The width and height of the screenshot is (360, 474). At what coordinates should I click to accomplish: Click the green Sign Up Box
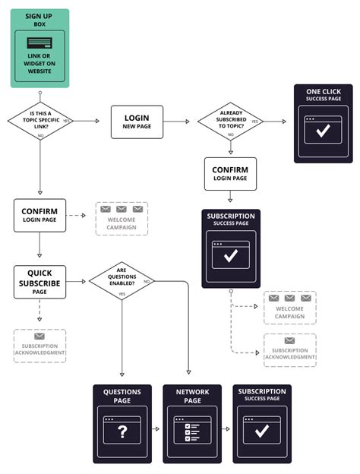(x=39, y=48)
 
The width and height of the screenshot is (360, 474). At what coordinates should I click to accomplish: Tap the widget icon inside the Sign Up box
(x=39, y=44)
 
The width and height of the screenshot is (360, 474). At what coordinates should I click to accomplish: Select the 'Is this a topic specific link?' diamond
(x=39, y=120)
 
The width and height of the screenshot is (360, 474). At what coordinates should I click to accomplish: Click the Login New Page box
(x=137, y=122)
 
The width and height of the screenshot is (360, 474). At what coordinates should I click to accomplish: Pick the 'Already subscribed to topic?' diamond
(x=230, y=121)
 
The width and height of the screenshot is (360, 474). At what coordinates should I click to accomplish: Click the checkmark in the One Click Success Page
(x=323, y=131)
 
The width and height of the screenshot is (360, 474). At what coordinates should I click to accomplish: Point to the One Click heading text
(x=323, y=91)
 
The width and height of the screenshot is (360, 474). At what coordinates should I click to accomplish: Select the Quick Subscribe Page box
(x=39, y=282)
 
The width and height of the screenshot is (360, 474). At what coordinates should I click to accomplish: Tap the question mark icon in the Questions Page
(x=122, y=431)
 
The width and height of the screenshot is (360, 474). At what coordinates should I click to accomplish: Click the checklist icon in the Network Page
(x=192, y=431)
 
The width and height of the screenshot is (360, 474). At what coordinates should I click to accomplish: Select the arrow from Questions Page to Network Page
(x=155, y=429)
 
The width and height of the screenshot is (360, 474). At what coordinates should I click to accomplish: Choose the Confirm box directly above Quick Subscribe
(x=39, y=215)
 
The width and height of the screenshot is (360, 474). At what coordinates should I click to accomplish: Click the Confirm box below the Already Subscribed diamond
(x=230, y=174)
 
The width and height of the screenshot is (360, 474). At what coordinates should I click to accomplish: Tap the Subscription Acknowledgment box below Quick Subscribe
(x=39, y=346)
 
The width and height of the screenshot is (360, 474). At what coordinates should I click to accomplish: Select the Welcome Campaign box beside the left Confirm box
(x=122, y=218)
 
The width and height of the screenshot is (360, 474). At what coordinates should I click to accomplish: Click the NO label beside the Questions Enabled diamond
(x=147, y=281)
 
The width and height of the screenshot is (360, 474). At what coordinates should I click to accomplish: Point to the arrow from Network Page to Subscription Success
(x=226, y=429)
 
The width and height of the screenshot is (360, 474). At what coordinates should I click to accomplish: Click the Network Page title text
(x=192, y=396)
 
